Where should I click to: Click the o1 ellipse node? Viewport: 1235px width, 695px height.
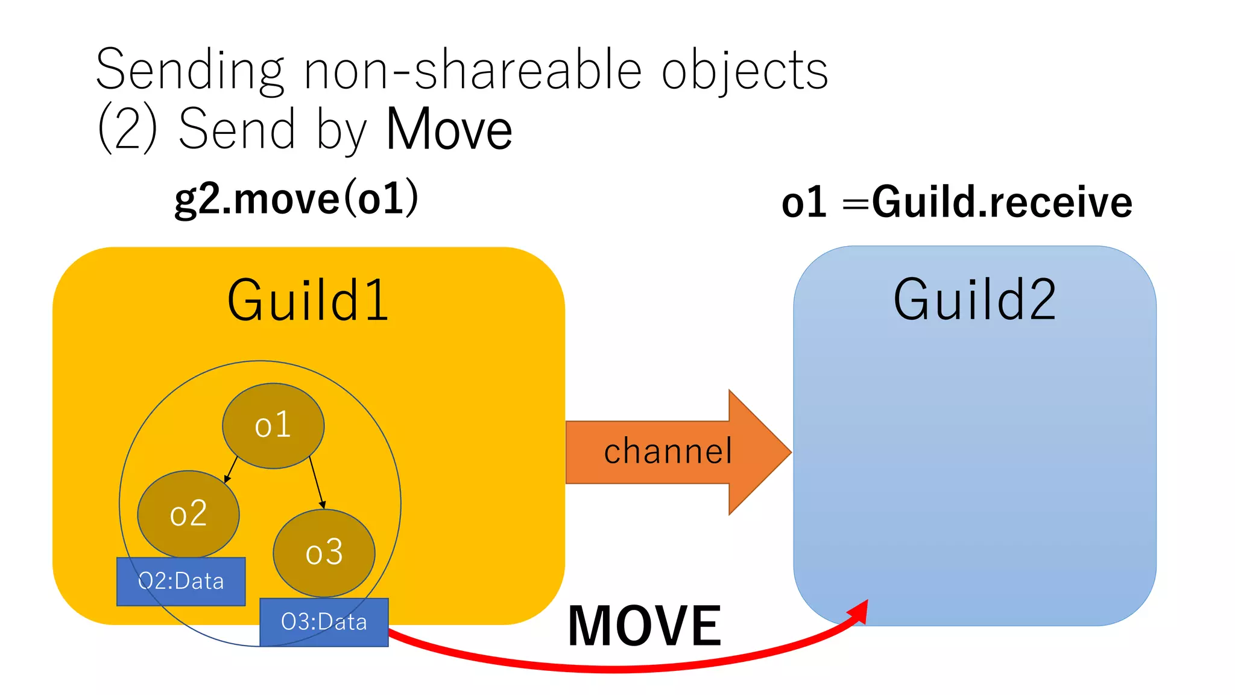273,425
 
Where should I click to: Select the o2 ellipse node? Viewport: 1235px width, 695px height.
188,513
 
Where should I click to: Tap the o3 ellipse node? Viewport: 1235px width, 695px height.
324,552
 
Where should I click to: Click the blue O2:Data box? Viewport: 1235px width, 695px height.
181,581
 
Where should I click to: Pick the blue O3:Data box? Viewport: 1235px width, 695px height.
324,622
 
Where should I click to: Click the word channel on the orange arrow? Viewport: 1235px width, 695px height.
668,451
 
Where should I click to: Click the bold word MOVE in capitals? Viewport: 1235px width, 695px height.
644,626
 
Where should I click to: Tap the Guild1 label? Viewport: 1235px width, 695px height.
308,300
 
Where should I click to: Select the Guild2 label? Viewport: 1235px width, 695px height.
974,299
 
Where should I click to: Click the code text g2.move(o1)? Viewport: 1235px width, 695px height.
296,198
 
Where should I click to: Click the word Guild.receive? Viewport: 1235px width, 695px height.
1002,202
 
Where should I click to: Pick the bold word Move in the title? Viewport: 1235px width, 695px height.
449,129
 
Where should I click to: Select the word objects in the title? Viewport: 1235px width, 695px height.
745,71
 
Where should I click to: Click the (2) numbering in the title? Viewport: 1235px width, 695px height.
127,128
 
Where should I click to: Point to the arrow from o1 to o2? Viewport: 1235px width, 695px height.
230,470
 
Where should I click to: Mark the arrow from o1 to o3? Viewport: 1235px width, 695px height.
317,482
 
